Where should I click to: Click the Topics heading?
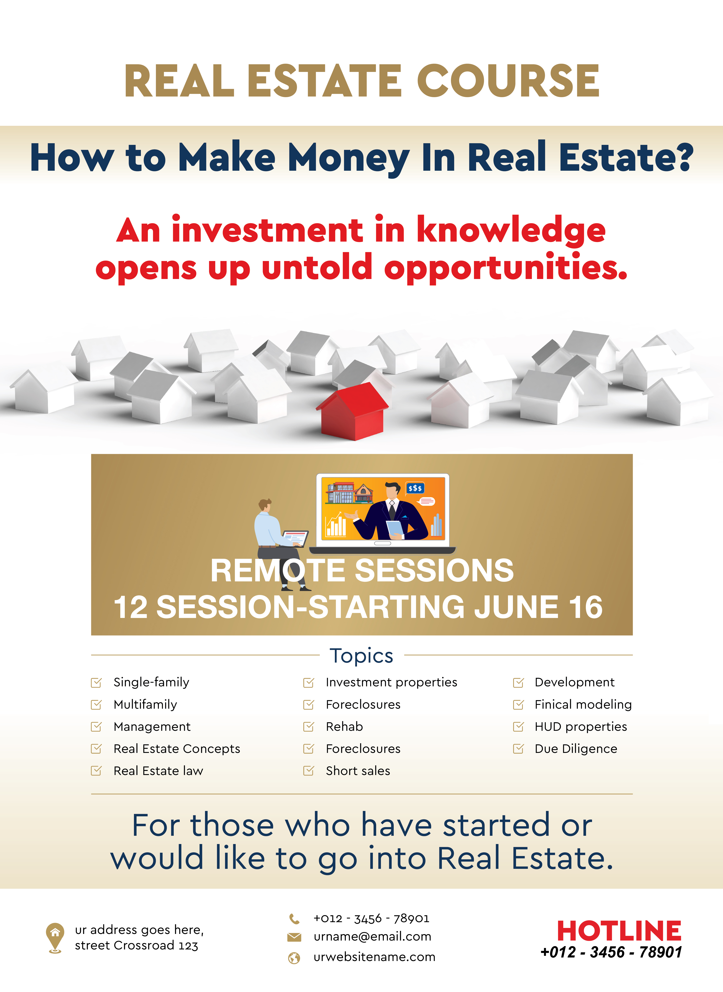point(361,655)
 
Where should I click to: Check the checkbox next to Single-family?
point(96,682)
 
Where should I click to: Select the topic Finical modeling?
point(583,704)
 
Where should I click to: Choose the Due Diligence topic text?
point(576,749)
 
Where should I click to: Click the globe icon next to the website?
point(294,958)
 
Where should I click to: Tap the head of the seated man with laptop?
point(264,504)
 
